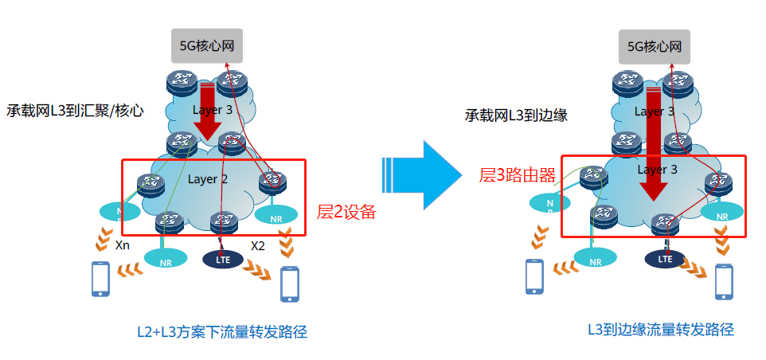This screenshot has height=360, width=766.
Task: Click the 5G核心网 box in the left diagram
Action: [x=207, y=46]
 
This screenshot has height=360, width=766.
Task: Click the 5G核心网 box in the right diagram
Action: [x=655, y=46]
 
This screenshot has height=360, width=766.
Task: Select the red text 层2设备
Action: [x=346, y=212]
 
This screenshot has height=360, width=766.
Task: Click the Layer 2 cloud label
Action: [x=208, y=178]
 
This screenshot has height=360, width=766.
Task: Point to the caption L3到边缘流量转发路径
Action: [x=660, y=329]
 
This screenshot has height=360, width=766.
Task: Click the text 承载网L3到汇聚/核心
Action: [x=75, y=111]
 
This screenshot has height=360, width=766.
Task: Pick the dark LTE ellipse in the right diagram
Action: [x=665, y=257]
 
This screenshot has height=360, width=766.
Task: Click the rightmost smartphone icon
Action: [x=724, y=281]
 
